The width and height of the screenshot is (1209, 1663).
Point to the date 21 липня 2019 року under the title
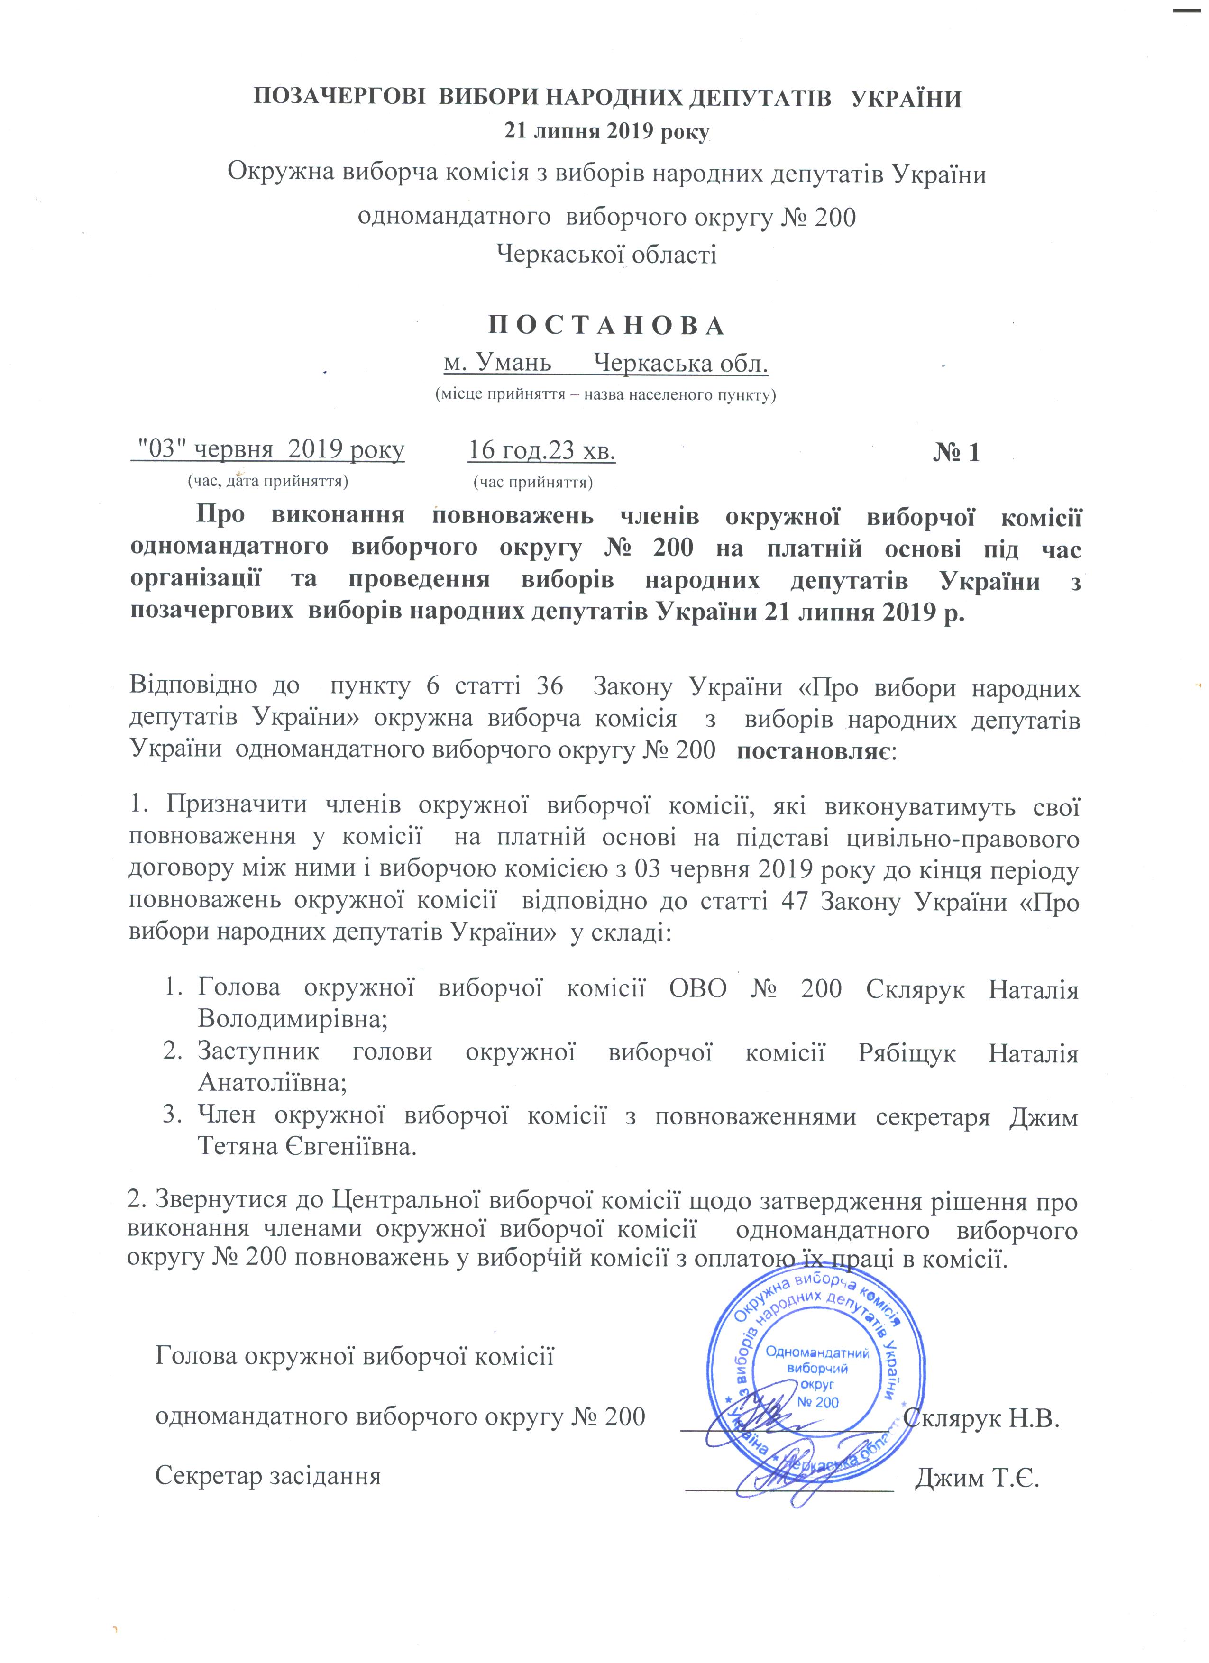pyautogui.click(x=605, y=132)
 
